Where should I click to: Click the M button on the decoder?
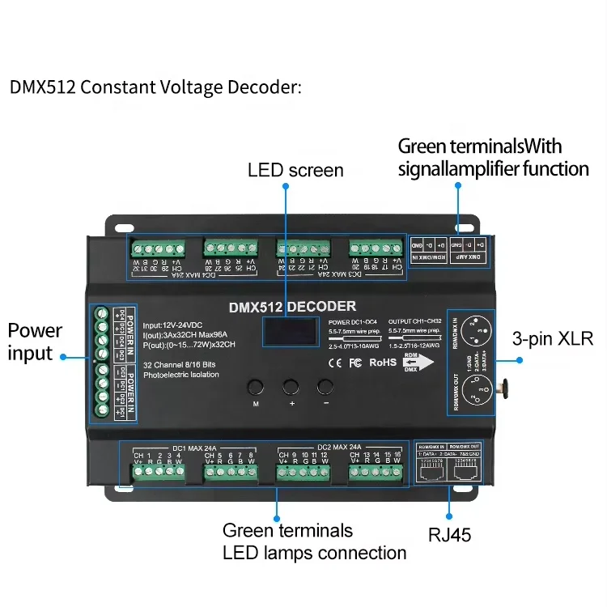256,386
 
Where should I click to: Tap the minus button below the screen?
325,386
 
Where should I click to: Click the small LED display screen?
289,333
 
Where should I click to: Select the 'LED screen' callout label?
295,170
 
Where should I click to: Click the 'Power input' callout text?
35,342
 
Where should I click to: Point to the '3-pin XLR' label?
553,338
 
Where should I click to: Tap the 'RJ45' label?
450,534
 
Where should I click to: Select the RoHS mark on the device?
383,362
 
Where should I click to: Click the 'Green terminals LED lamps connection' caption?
314,542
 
